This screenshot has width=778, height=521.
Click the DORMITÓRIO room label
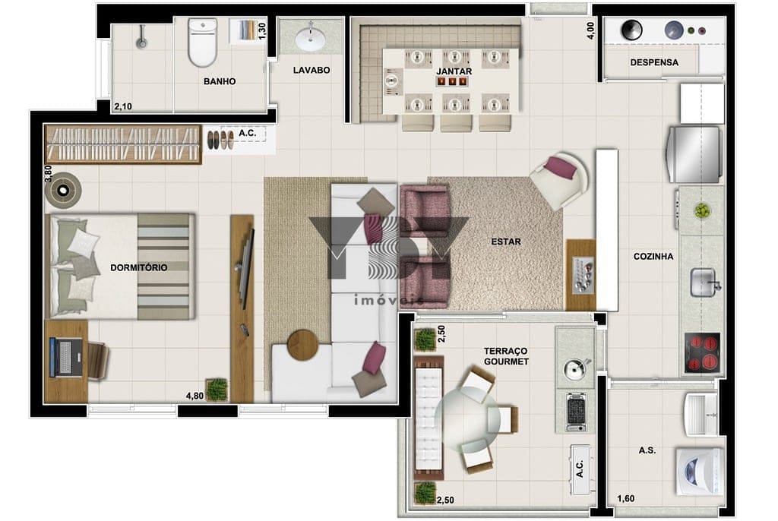point(138,267)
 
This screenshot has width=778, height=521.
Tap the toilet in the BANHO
point(202,43)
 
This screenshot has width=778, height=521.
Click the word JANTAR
point(454,71)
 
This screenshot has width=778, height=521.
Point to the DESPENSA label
point(654,62)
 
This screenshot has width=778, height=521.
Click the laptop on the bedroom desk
point(65,357)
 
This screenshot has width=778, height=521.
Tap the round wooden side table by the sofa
point(302,344)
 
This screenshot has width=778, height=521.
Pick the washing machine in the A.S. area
point(698,472)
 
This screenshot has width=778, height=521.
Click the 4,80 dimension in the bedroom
point(194,396)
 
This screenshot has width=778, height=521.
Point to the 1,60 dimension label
point(626,499)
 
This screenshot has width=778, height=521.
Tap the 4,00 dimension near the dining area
point(590,31)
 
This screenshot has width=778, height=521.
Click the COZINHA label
point(653,257)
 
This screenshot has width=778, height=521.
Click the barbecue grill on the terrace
point(576,412)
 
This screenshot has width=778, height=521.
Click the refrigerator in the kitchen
point(694,154)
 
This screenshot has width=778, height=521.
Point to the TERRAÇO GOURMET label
point(506,356)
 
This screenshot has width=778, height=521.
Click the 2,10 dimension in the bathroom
point(123,106)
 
